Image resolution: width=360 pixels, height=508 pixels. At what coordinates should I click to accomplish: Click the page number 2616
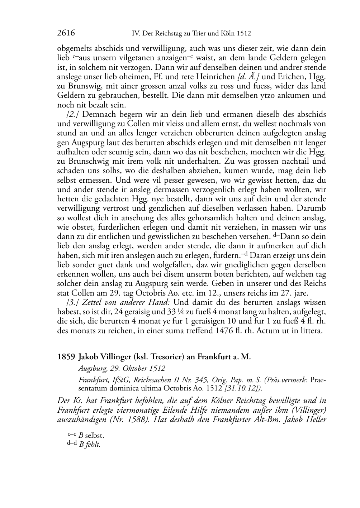66,33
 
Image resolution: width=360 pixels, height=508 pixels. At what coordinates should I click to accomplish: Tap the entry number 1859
66,357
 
